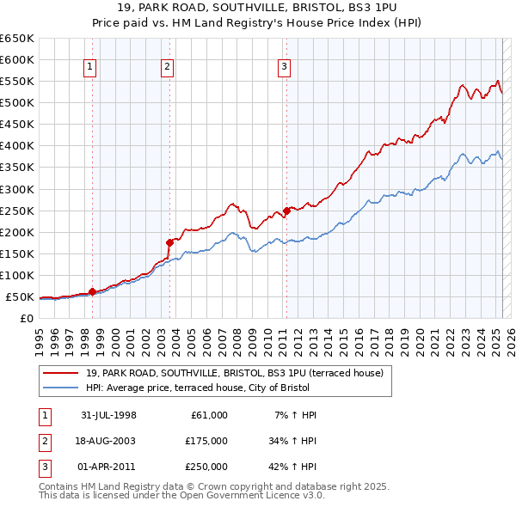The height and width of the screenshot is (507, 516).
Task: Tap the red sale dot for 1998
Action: tap(92, 291)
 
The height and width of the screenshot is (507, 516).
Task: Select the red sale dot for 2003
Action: tap(170, 242)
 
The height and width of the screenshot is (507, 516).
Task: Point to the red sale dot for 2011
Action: tap(286, 210)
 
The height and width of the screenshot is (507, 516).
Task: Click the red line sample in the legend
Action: tap(61, 372)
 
